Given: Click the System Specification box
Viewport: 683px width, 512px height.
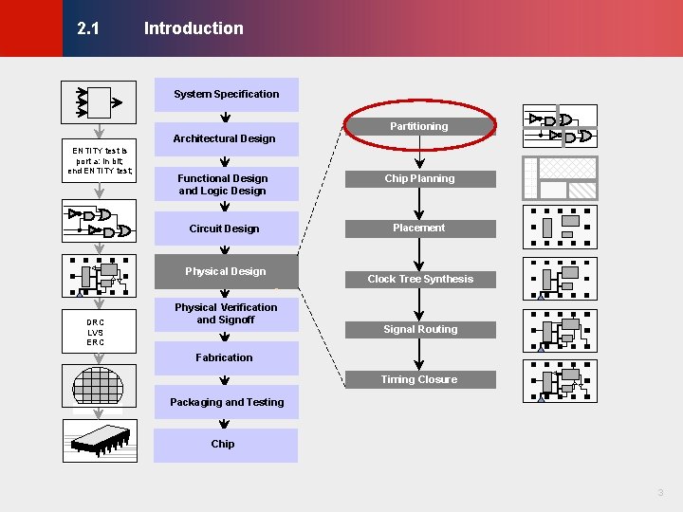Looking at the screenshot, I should pos(226,94).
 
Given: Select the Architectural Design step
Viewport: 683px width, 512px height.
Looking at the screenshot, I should pos(225,138).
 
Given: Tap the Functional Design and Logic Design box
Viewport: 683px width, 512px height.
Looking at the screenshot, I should pos(224,184).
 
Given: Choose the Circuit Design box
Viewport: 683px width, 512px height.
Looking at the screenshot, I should pos(225,229).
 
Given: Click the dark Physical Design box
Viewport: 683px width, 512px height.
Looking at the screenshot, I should pos(226,271).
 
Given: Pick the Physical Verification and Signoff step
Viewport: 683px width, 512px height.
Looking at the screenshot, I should pos(226,314).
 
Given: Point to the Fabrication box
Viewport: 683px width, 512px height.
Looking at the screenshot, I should pos(225,357).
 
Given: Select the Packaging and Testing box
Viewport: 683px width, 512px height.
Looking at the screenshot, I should pos(227,402).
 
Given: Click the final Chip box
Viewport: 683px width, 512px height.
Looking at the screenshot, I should pos(224,444).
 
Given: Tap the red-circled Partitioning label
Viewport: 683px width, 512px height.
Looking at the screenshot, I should pos(419,126).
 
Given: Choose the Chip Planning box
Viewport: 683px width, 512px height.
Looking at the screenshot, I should pos(419,178).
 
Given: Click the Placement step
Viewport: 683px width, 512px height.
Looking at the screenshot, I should pos(419,228).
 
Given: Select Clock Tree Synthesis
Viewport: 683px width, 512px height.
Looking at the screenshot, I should pos(420,279).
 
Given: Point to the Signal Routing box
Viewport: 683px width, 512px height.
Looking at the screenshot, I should pos(420,329).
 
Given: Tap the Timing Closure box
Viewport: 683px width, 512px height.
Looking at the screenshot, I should pos(419,379).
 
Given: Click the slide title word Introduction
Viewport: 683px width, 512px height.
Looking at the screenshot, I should pos(194,28).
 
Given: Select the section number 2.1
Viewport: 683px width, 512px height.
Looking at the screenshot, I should pos(88,28).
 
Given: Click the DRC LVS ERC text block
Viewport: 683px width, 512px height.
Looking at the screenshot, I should pos(96,332).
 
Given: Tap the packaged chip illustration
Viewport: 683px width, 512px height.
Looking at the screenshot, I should pos(98,437).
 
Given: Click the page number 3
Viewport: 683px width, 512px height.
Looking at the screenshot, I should pos(660,492).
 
